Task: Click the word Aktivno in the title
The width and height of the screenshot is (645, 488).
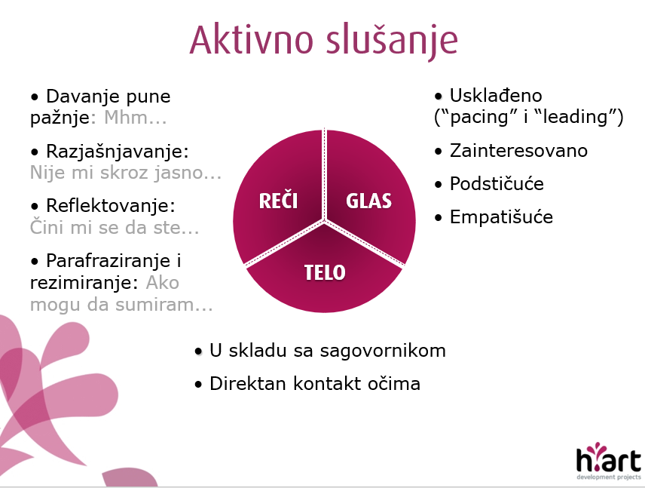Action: [x=252, y=40]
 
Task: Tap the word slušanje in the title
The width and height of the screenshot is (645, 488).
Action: [x=392, y=42]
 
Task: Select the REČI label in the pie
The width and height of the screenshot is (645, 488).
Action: [x=279, y=200]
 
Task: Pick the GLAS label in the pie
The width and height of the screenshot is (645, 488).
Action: [x=368, y=201]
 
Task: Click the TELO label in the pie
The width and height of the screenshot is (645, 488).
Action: [x=325, y=272]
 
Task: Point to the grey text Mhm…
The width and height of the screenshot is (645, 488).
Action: [x=136, y=118]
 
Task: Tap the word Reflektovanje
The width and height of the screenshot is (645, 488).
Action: [x=111, y=205]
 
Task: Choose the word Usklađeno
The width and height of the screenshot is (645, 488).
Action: [x=496, y=96]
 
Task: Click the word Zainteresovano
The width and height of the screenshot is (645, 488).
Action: [x=518, y=151]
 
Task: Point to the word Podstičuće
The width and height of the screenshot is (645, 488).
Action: [x=497, y=184]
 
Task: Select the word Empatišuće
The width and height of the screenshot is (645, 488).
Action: [x=501, y=217]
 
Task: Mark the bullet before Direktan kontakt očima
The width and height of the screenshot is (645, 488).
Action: [x=199, y=385]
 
